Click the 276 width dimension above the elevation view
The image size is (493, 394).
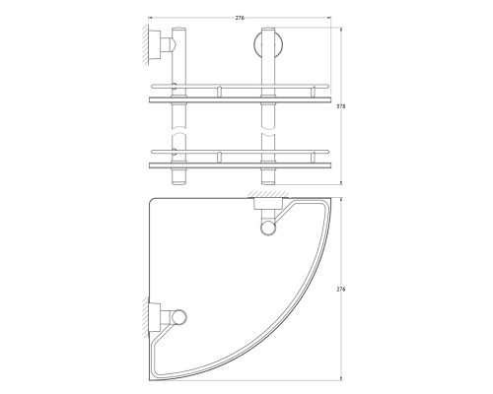pyautogui.click(x=240, y=18)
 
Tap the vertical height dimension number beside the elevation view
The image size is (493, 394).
pyautogui.click(x=341, y=106)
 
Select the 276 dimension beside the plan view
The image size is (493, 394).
pyautogui.click(x=341, y=290)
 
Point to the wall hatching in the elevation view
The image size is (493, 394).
pyautogui.click(x=145, y=44)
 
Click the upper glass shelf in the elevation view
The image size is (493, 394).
pyautogui.click(x=240, y=99)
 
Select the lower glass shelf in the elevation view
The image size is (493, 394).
pyautogui.click(x=240, y=165)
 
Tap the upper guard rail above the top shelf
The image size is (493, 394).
pyautogui.click(x=240, y=87)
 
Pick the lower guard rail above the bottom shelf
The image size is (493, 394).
pyautogui.click(x=240, y=152)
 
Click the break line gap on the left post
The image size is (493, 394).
pyautogui.click(x=178, y=131)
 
